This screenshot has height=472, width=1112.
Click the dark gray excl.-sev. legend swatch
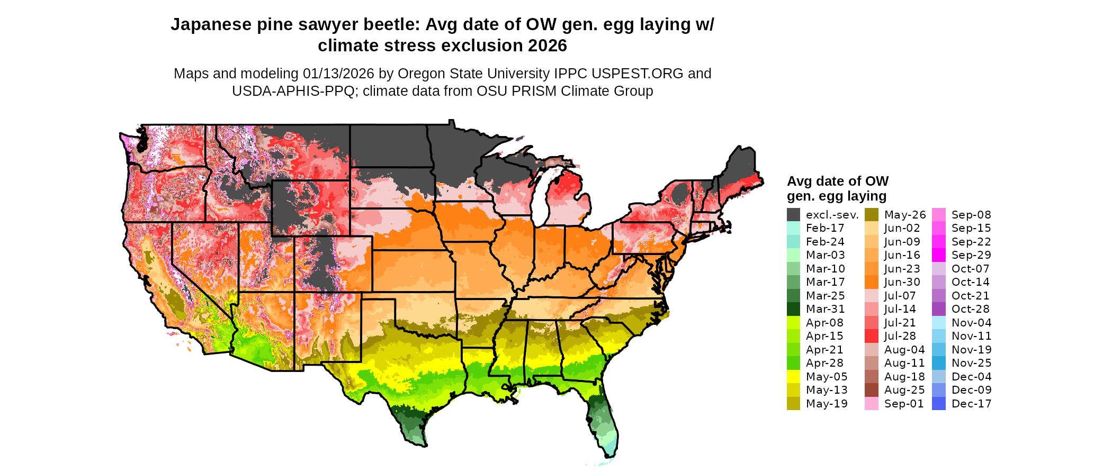coord(793,215)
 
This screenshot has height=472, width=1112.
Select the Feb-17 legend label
coord(825,228)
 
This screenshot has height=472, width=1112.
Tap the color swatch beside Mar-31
coord(793,309)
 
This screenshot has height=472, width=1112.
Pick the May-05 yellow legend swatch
coord(793,377)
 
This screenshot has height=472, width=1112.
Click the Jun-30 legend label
coord(902,282)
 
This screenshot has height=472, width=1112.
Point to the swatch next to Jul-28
coord(872,336)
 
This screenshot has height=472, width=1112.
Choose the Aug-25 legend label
coord(904,390)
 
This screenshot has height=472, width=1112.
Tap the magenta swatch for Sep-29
coord(938,255)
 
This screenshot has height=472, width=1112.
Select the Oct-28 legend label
coord(970,309)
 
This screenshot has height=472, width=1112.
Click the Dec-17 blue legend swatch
coord(938,404)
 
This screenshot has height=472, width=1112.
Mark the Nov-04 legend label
coord(971,323)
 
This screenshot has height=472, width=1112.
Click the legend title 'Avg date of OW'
coord(837,181)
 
